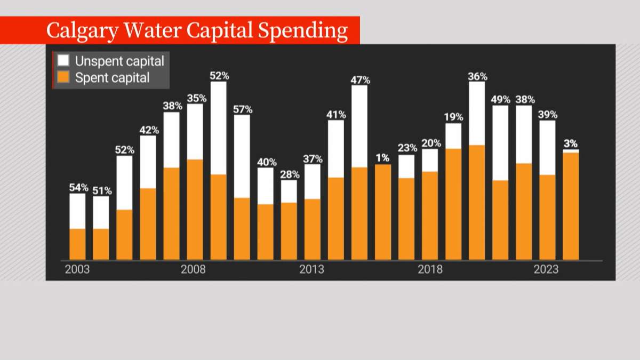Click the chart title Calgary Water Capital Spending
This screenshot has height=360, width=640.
[197, 30]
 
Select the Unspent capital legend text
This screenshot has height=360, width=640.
[119, 60]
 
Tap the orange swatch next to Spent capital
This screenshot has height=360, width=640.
[63, 78]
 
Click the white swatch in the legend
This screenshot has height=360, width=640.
[63, 60]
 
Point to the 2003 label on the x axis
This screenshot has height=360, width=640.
[77, 269]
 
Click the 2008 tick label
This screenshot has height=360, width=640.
[193, 269]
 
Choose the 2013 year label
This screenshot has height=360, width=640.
[311, 269]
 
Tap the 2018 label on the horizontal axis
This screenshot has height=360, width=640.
[430, 269]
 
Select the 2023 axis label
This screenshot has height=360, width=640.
[546, 269]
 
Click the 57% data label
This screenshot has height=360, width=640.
[242, 109]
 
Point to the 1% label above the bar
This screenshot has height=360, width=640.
[382, 158]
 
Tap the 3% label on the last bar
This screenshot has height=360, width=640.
[571, 143]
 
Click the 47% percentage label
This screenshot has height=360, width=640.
[359, 80]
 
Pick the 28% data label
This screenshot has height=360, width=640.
[289, 174]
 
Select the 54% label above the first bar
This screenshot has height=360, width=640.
[77, 188]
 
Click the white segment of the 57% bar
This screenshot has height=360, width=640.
[242, 156]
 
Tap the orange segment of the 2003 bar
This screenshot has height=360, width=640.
[77, 244]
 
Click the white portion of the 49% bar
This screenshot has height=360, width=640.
[500, 143]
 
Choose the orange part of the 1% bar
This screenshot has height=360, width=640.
[382, 212]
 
